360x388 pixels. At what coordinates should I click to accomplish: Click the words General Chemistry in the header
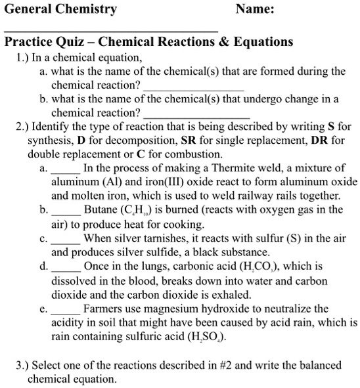tap(60, 9)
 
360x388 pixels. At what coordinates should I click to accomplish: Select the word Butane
tap(101, 210)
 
